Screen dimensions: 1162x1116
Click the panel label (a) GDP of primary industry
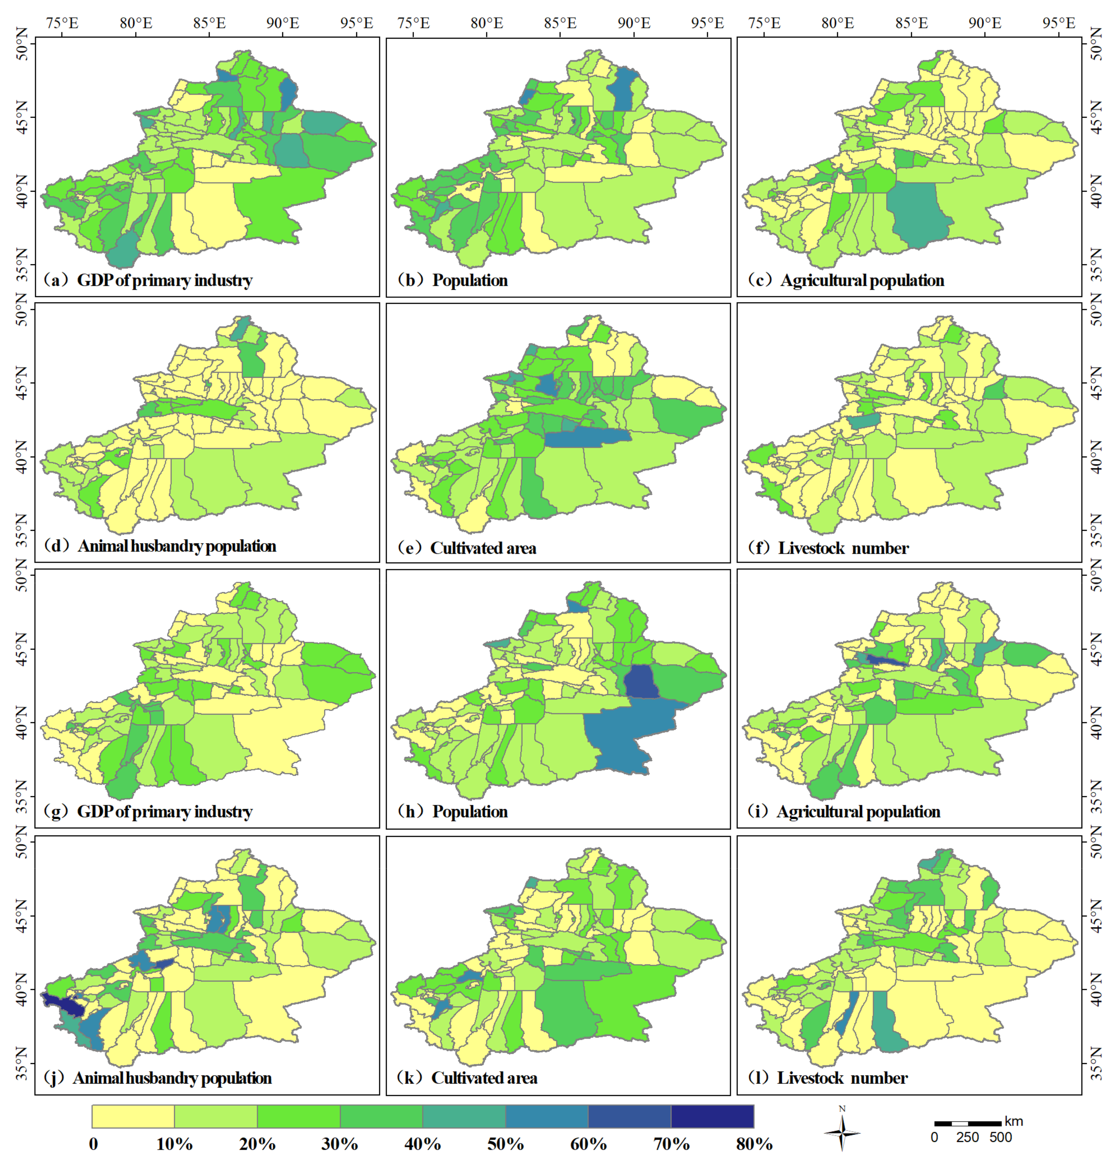tap(148, 280)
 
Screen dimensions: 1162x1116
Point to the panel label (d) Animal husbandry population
tap(160, 546)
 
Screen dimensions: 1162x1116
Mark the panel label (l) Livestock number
tap(828, 1078)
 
